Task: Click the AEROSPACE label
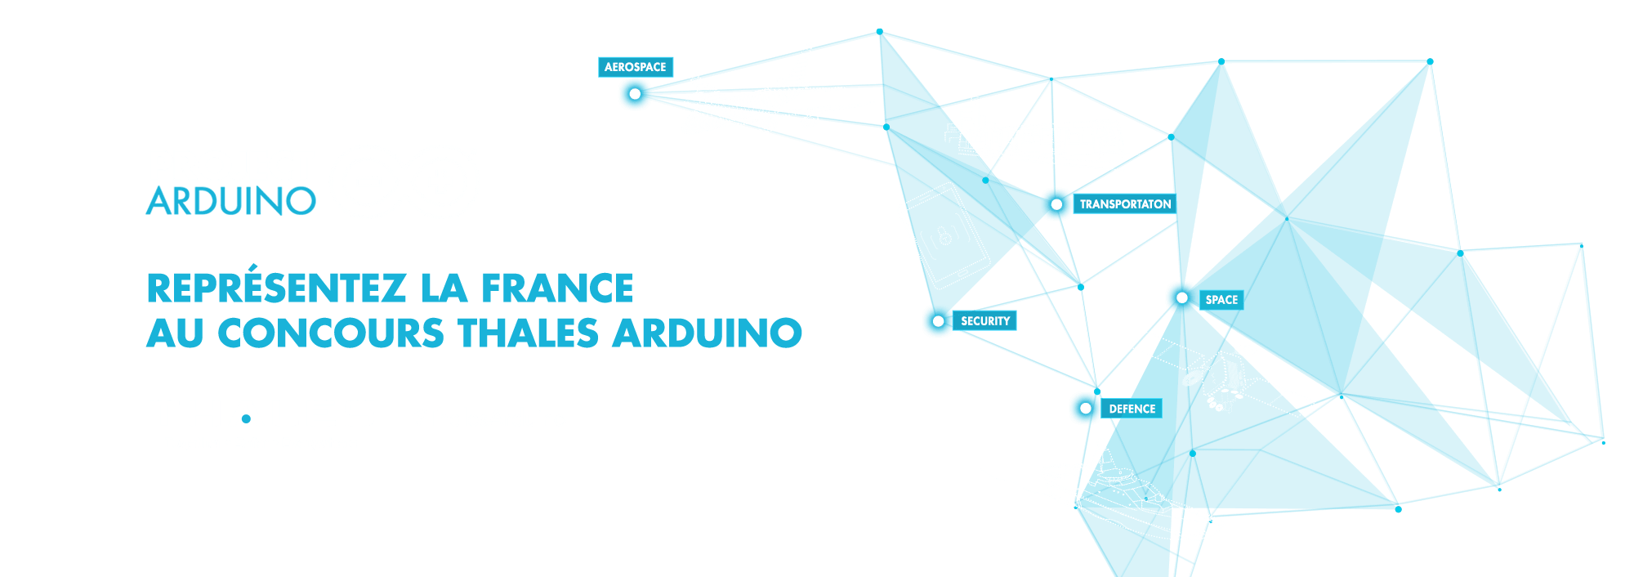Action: (635, 67)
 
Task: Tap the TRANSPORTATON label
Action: (1125, 204)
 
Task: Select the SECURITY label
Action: (984, 320)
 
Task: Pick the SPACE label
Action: (1221, 299)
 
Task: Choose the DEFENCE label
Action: (1132, 409)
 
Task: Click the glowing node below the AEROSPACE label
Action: (635, 94)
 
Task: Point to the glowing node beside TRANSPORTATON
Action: (1056, 204)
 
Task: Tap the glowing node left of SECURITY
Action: (938, 320)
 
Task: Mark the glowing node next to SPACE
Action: (1182, 297)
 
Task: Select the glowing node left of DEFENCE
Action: (1085, 408)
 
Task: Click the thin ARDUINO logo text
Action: (231, 201)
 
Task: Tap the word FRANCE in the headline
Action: (557, 288)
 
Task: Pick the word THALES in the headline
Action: (529, 333)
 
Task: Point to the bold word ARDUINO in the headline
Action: (708, 333)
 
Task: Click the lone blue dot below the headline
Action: (246, 418)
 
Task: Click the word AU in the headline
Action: (175, 333)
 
